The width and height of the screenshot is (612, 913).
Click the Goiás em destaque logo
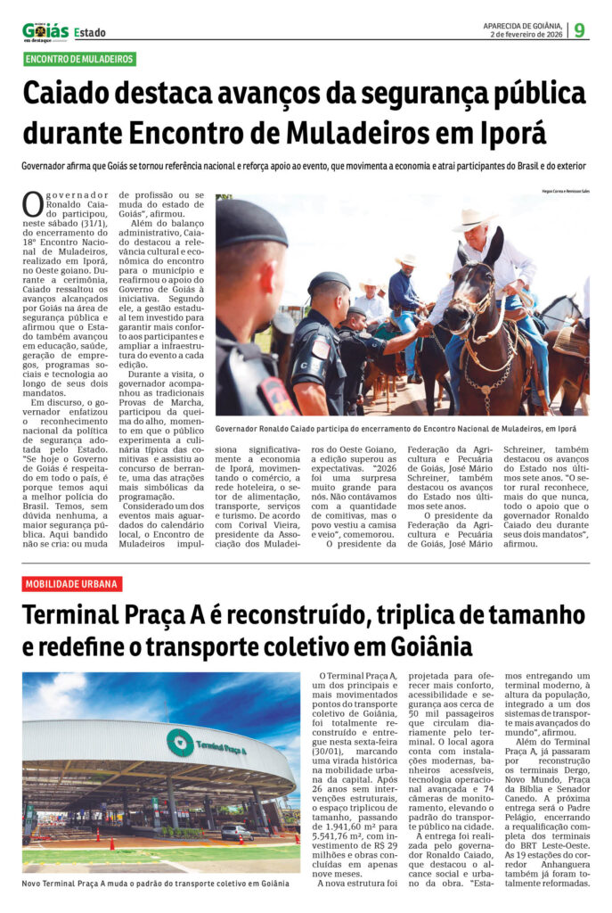(45, 31)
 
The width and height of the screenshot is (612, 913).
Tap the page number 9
(580, 30)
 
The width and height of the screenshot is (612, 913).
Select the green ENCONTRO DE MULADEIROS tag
(80, 59)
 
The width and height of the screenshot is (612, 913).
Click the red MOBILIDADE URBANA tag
(72, 584)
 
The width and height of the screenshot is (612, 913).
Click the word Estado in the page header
(89, 33)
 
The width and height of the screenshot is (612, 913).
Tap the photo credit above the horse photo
(566, 191)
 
